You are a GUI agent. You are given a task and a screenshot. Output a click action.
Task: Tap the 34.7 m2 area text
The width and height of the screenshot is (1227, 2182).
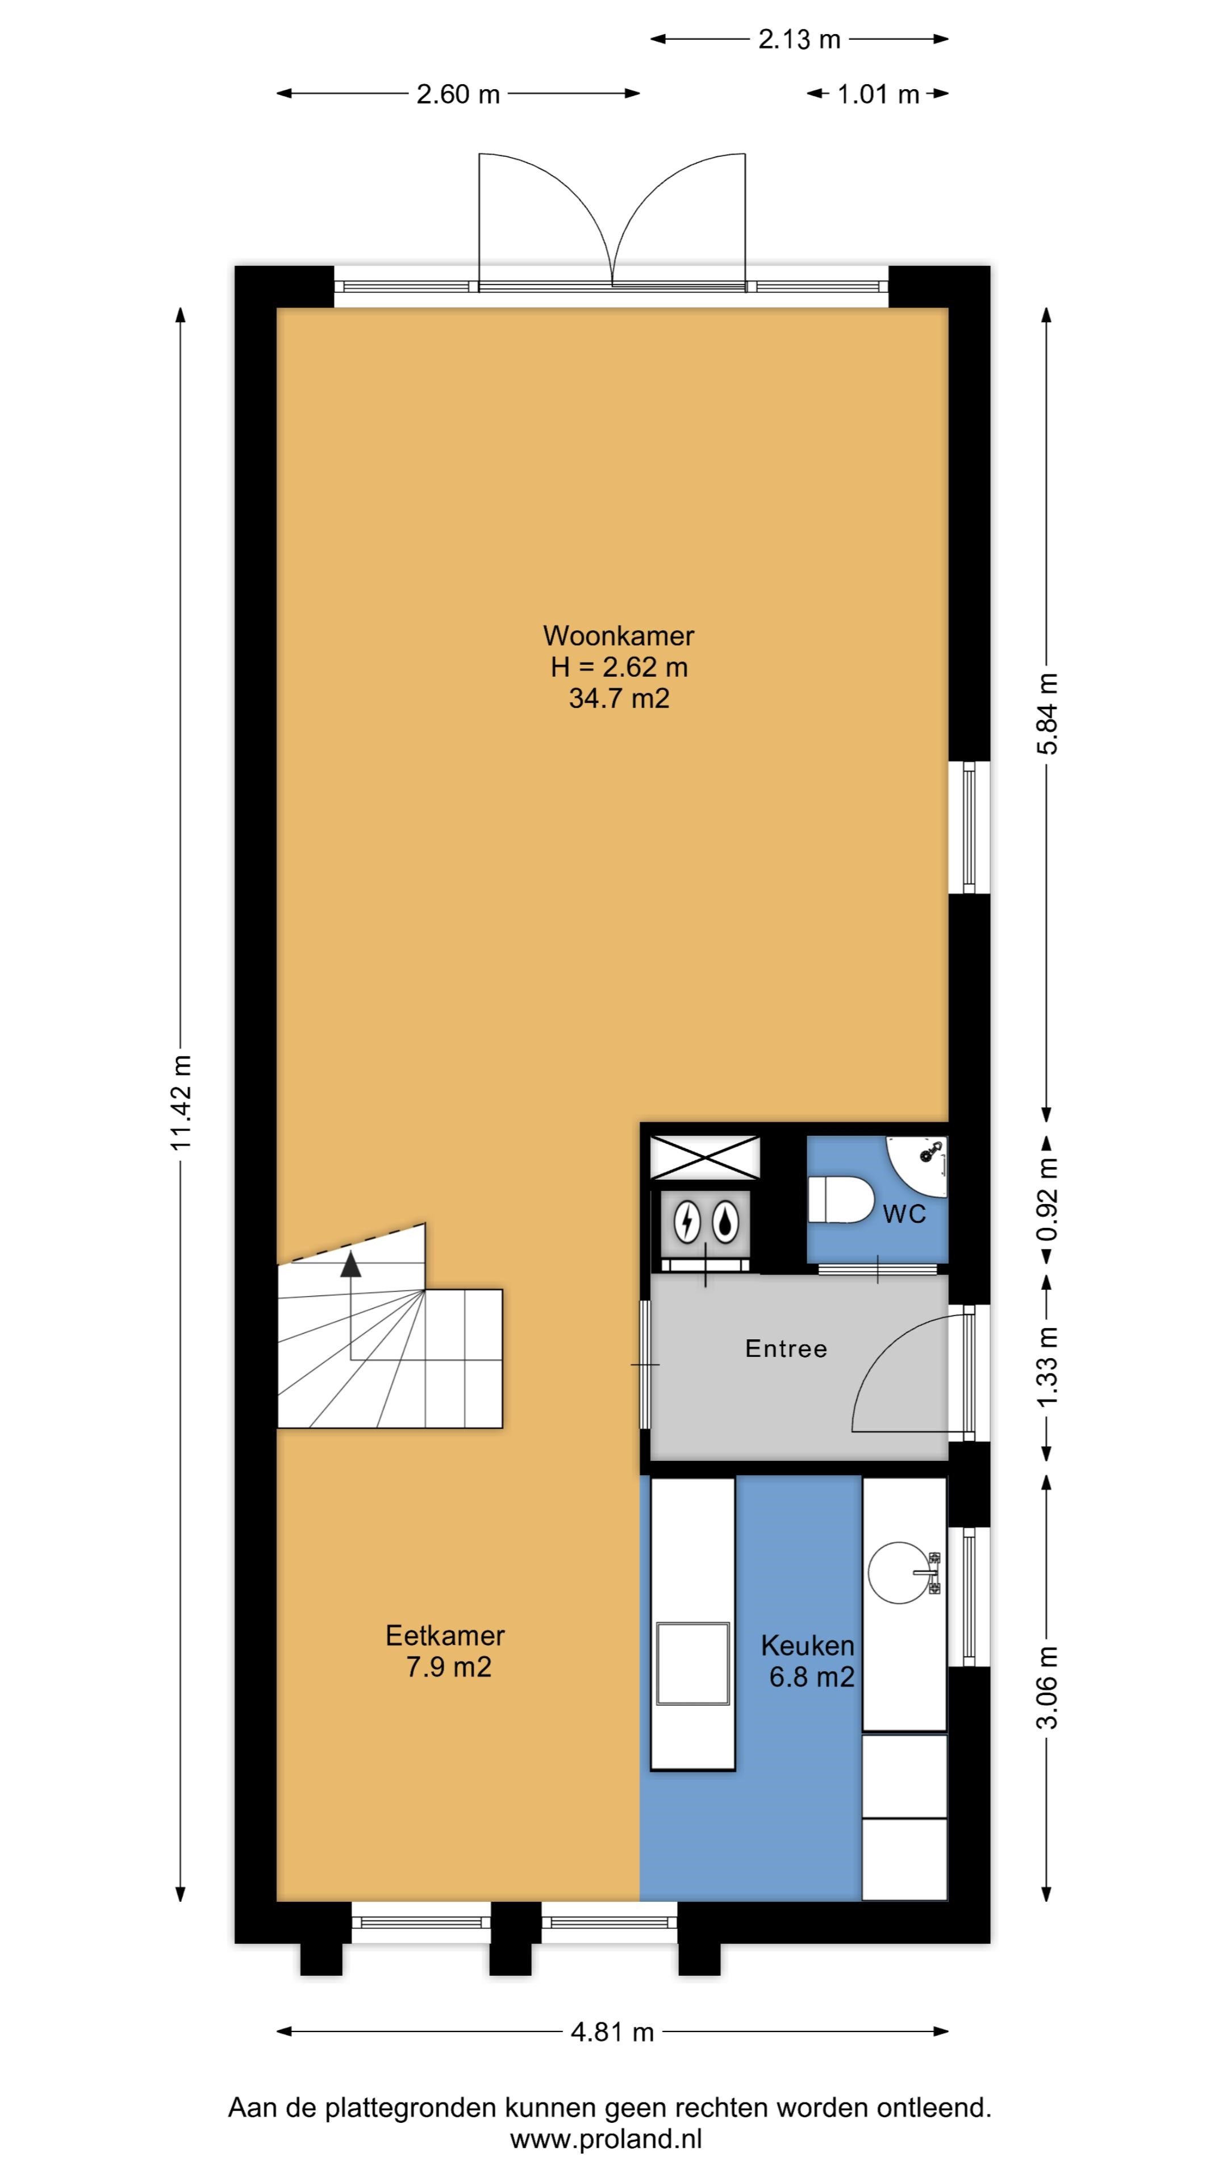pyautogui.click(x=619, y=698)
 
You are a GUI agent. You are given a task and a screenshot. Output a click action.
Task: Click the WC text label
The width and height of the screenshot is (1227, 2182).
pyautogui.click(x=904, y=1215)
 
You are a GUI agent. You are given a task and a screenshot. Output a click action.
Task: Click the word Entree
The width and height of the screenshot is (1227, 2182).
pyautogui.click(x=786, y=1348)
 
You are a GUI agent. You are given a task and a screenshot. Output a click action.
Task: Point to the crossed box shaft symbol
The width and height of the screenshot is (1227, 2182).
pyautogui.click(x=704, y=1157)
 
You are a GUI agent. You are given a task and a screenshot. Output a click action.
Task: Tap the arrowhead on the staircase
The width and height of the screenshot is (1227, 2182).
pyautogui.click(x=350, y=1265)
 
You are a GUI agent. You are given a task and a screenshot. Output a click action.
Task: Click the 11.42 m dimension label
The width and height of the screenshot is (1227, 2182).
pyautogui.click(x=182, y=1102)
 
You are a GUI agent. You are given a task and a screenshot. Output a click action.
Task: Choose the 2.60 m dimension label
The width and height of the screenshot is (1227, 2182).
pyautogui.click(x=458, y=94)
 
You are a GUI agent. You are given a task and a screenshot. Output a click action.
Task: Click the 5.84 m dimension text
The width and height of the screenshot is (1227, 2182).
pyautogui.click(x=1048, y=713)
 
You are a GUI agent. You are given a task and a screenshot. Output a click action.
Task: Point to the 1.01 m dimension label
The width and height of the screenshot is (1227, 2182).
pyautogui.click(x=878, y=94)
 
